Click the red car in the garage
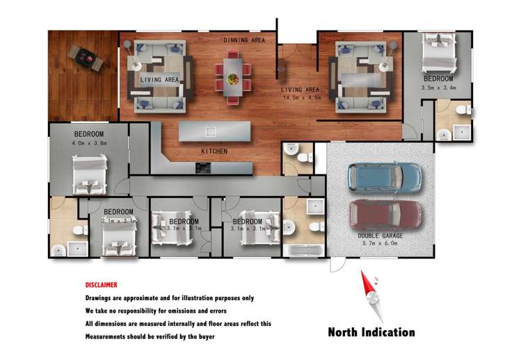click(384, 213)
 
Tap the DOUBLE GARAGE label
click(380, 236)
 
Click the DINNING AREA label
click(243, 40)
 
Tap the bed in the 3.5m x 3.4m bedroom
click(438, 55)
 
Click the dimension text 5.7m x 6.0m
click(380, 244)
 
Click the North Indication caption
click(371, 332)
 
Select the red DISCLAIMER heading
click(101, 285)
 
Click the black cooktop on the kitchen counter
click(203, 167)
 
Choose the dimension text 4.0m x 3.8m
click(88, 143)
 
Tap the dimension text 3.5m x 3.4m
click(438, 88)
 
